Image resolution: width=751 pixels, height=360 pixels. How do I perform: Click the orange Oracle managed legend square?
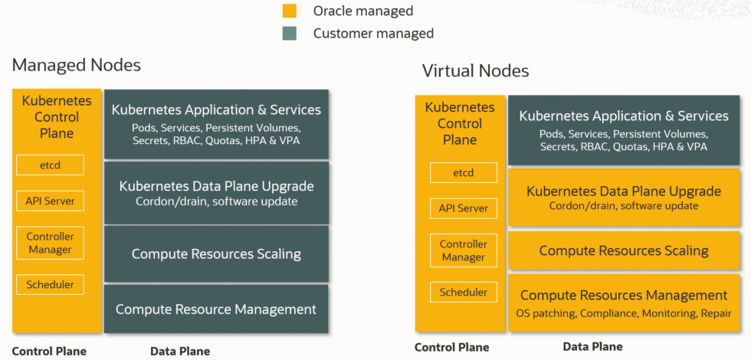289,11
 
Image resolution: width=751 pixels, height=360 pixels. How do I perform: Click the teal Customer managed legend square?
289,34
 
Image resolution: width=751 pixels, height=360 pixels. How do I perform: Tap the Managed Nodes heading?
77,65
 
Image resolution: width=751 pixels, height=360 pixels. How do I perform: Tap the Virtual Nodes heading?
475,71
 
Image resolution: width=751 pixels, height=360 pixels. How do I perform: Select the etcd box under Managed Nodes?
50,165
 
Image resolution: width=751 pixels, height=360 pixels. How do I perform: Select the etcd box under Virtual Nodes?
463,173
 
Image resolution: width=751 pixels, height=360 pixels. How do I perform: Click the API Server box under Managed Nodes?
50,201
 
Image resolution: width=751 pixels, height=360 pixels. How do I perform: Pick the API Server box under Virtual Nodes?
463,208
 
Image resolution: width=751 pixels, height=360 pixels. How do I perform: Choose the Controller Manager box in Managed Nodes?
50,244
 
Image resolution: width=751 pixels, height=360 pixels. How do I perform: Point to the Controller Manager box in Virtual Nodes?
463,250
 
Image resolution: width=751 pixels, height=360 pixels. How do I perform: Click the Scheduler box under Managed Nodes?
50,285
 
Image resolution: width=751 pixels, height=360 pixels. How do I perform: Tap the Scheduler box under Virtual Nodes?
463,292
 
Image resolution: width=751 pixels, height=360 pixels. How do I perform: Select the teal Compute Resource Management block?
216,309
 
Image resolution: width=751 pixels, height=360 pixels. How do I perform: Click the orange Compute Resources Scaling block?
624,250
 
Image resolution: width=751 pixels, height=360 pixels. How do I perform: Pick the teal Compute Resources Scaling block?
216,254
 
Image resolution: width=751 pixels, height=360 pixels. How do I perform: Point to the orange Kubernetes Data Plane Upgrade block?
624,197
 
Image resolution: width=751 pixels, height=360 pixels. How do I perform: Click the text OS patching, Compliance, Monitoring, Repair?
624,313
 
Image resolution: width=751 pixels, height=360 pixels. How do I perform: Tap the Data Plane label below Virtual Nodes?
592,347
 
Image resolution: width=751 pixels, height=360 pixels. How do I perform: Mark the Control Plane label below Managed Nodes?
49,352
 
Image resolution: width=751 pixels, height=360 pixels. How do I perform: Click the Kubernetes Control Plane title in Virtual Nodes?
460,123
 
